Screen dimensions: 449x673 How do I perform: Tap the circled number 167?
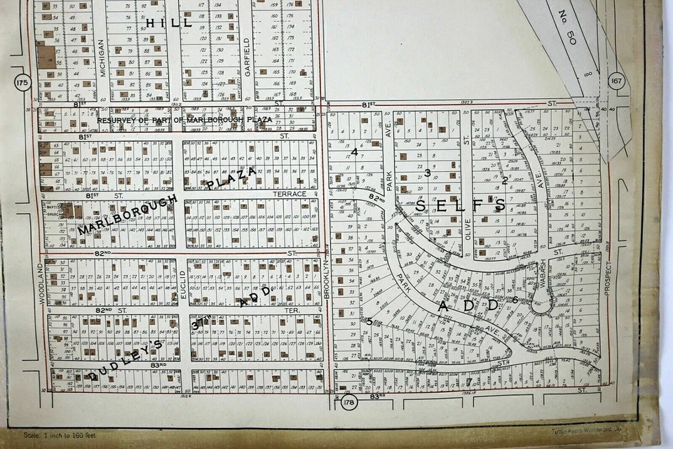click(x=616, y=81)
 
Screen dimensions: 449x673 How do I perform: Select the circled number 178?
click(x=348, y=402)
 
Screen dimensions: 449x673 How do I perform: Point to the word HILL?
click(x=168, y=22)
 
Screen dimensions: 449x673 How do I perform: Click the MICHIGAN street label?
click(x=102, y=58)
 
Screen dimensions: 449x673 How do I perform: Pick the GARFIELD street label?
click(x=247, y=55)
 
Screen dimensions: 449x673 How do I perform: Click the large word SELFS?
click(x=461, y=206)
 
